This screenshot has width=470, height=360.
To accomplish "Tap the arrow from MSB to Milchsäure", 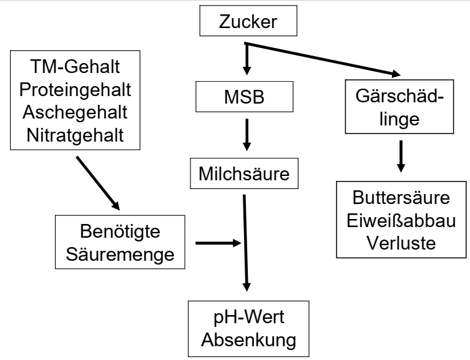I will pos(246,135).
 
